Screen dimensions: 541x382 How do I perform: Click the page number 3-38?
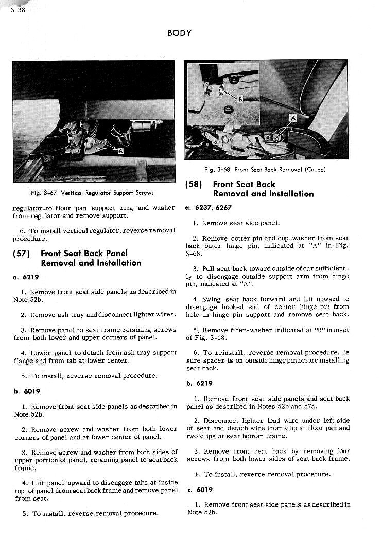click(x=17, y=9)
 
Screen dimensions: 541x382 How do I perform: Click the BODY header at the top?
click(x=179, y=33)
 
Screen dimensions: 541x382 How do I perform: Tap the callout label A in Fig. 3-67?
click(x=120, y=151)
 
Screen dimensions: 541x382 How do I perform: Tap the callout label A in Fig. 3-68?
click(x=293, y=118)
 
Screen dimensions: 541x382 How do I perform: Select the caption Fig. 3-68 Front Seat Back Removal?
click(x=265, y=169)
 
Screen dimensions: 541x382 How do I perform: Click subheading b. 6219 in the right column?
click(x=198, y=383)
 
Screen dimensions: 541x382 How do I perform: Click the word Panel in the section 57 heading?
click(x=116, y=253)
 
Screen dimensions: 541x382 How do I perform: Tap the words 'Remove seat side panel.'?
click(x=240, y=223)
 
